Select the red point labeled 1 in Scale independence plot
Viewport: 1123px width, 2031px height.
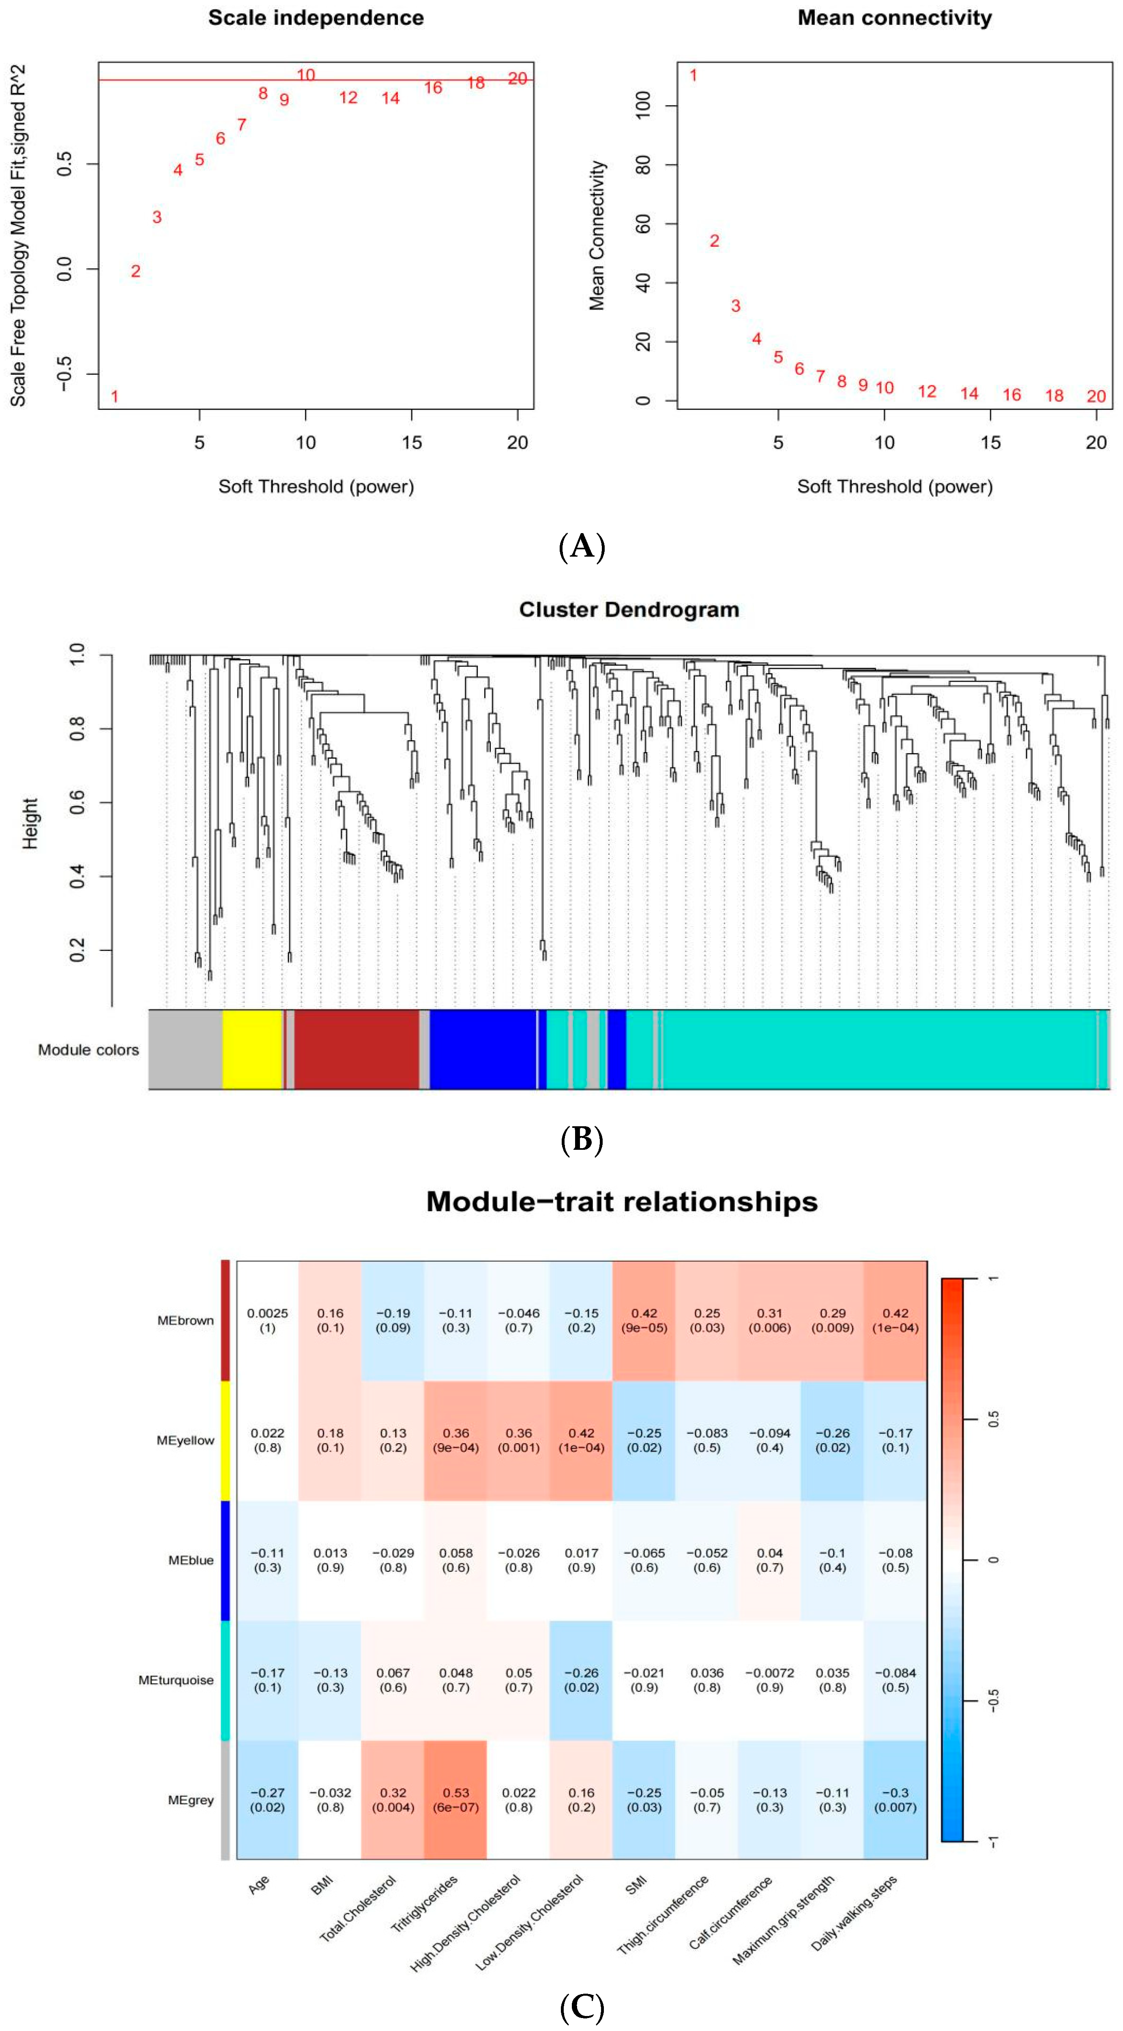pos(114,396)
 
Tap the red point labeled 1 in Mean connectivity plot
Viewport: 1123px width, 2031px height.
pos(693,76)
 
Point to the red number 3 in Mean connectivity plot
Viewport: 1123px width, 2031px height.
pos(735,306)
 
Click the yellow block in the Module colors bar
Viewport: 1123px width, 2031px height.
pos(251,1050)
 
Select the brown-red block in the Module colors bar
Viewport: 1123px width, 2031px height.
pos(356,1050)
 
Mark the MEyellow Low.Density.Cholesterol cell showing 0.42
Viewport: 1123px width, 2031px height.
pos(581,1440)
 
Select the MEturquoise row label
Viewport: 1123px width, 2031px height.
pos(176,1680)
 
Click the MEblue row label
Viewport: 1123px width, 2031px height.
pos(191,1560)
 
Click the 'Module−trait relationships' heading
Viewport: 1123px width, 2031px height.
pos(622,1202)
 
